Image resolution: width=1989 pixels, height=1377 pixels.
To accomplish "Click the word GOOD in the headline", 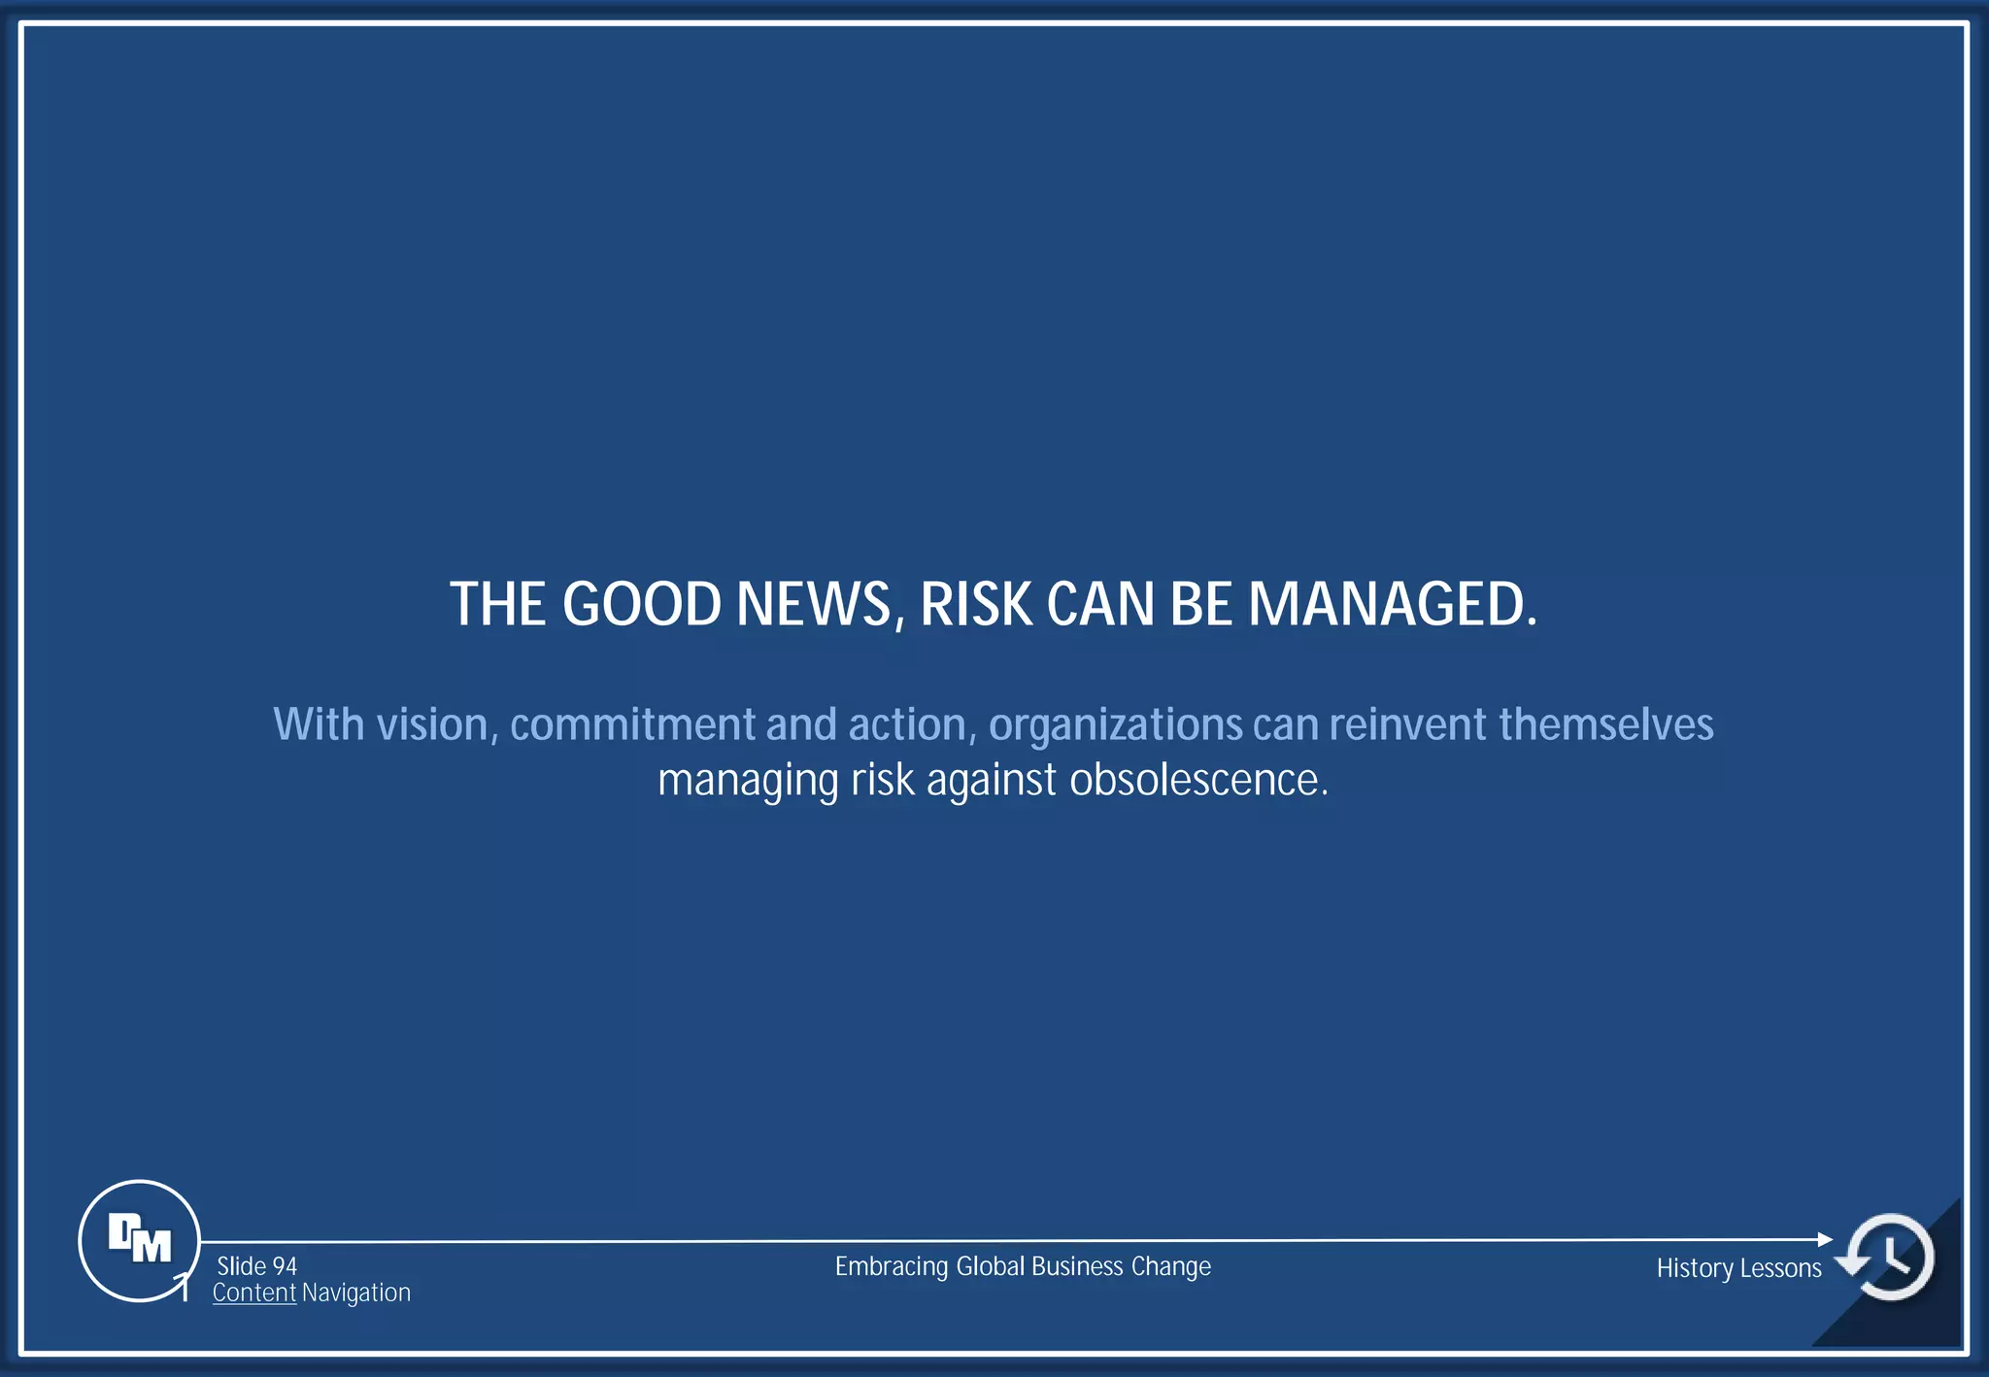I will (x=641, y=605).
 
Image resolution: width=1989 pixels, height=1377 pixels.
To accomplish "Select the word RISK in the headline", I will (x=976, y=605).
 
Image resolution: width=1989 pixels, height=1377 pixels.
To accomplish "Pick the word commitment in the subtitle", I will (x=632, y=725).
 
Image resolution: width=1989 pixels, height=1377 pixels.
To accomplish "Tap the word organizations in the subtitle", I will (x=1115, y=725).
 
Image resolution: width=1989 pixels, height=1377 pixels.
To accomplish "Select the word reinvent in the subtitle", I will (x=1407, y=725).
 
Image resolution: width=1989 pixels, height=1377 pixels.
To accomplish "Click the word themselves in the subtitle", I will (x=1605, y=725).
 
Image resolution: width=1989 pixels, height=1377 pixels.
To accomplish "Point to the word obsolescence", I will (x=1197, y=781).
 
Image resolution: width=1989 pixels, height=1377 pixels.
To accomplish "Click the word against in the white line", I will (x=991, y=781).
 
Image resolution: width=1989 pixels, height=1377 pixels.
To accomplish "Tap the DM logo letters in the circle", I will (x=139, y=1239).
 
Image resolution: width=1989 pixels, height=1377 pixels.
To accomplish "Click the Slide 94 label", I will (x=256, y=1266).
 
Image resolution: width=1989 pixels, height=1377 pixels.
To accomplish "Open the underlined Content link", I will (x=253, y=1293).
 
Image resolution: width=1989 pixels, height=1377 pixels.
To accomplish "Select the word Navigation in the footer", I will (x=355, y=1293).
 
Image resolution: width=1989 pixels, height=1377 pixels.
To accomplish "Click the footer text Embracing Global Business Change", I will (x=1023, y=1267).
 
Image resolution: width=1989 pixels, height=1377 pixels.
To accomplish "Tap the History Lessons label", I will (x=1738, y=1269).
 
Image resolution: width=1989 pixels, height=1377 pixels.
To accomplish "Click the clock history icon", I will (x=1890, y=1257).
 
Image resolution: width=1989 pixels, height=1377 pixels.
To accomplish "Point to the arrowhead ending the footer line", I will (x=1825, y=1239).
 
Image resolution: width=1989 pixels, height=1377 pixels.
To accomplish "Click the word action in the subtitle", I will (x=907, y=725).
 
